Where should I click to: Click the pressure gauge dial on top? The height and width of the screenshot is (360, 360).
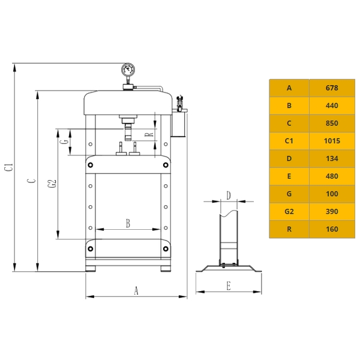tap(128, 70)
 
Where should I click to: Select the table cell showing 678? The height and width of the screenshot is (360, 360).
tap(332, 88)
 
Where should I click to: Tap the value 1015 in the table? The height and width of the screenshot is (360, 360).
tap(332, 141)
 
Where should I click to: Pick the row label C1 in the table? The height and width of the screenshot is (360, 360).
tap(289, 141)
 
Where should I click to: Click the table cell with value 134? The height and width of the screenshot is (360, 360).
tap(332, 158)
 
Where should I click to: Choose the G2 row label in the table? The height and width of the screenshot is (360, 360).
tap(289, 211)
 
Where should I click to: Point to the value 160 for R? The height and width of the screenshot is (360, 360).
tap(332, 229)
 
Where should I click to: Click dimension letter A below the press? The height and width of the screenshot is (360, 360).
tap(136, 290)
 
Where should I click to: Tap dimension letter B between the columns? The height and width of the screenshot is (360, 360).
tap(128, 223)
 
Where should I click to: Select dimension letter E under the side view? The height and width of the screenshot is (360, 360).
tap(229, 286)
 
